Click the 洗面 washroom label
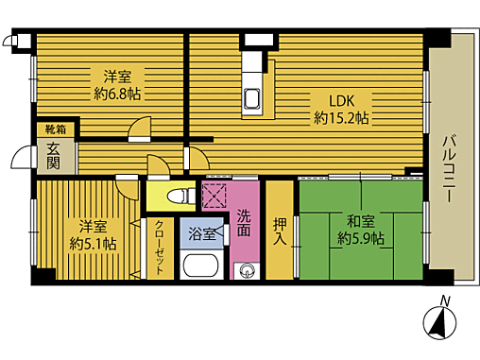(x=244, y=220)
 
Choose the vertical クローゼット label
(x=159, y=248)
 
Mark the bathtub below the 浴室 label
(x=201, y=266)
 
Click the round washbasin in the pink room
(x=248, y=269)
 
